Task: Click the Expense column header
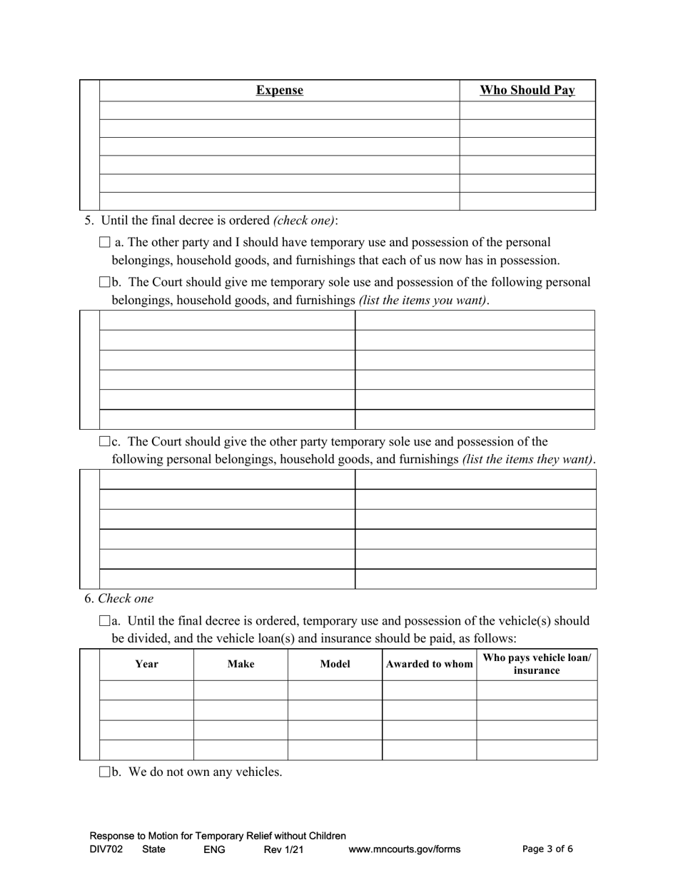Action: (x=279, y=91)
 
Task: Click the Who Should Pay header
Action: (x=527, y=91)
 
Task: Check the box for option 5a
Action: (x=105, y=243)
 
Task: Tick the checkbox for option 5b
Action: (x=105, y=283)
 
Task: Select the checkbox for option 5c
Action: (x=105, y=442)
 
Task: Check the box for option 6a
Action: (x=105, y=621)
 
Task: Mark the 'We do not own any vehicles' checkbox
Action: (x=105, y=772)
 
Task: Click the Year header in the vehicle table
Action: (x=146, y=664)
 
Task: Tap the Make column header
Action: (x=241, y=664)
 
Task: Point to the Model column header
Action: (x=335, y=664)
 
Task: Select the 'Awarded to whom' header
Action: (x=429, y=664)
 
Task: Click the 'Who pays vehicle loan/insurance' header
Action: (x=537, y=664)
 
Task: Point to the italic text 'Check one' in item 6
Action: (x=126, y=599)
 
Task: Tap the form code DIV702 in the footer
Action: (x=106, y=849)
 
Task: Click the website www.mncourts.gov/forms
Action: (x=404, y=849)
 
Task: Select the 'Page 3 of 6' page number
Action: (x=547, y=849)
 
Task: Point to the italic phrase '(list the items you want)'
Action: (x=423, y=301)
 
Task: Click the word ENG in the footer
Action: (x=214, y=849)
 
